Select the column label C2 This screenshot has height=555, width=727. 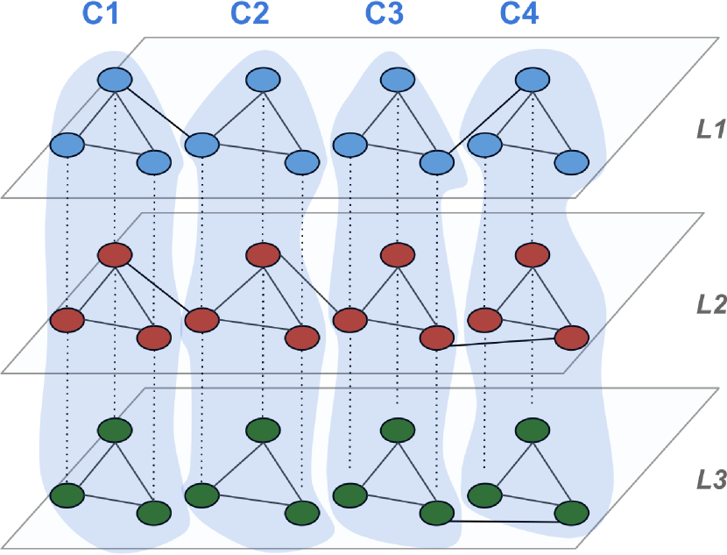[x=250, y=14]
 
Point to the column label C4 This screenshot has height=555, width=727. [x=521, y=14]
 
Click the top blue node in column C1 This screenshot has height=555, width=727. [x=114, y=80]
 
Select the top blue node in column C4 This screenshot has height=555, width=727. [x=532, y=80]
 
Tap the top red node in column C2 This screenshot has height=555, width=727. [x=262, y=255]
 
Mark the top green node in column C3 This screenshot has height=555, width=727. [x=397, y=430]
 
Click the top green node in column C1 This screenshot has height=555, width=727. [x=114, y=430]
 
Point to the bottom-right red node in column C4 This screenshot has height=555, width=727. [x=571, y=338]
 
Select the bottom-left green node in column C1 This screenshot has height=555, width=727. [x=67, y=494]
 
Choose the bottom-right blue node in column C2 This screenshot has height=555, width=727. [x=301, y=163]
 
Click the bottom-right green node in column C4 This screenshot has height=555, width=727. [x=571, y=513]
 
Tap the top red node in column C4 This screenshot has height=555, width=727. [x=532, y=255]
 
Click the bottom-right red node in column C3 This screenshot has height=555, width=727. [x=436, y=338]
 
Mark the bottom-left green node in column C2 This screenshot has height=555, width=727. [x=201, y=494]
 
